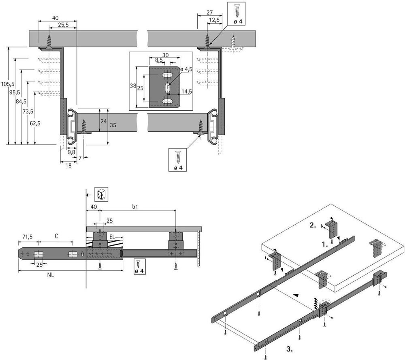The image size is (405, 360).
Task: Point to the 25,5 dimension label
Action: [63, 25]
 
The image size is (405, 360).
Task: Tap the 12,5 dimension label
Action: [215, 20]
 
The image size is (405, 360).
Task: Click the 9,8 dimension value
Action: [71, 152]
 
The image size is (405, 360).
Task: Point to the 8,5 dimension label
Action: [159, 60]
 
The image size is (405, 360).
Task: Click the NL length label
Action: [51, 274]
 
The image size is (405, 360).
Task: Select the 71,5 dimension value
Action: [28, 236]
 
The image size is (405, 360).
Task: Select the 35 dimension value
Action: [113, 126]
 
